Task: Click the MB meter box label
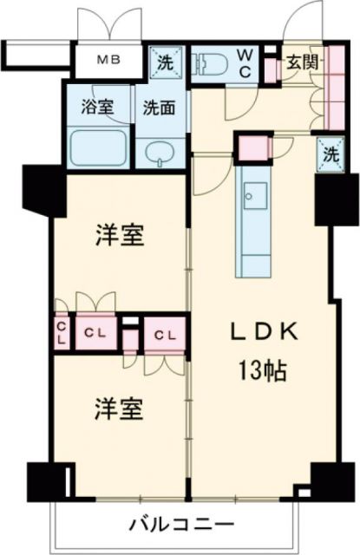point(108,61)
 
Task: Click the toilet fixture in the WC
point(208,63)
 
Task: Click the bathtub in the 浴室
point(96,150)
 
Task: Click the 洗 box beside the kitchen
point(329,153)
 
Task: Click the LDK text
point(264,332)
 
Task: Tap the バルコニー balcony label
point(181,525)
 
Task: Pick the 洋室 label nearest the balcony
point(119,408)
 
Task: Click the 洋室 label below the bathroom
point(119,233)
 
